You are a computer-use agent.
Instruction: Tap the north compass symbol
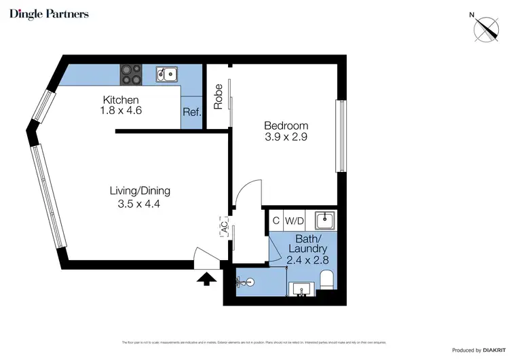pos(487,28)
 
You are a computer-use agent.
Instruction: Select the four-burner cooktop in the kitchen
pos(132,74)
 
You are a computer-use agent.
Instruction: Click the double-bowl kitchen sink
pos(166,73)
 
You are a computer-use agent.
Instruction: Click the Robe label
pos(219,96)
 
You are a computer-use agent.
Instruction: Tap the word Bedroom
pos(286,126)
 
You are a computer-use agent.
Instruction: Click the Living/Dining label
pos(140,190)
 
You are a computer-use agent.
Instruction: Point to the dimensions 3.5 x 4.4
pos(139,203)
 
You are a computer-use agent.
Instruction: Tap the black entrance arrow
pos(206,277)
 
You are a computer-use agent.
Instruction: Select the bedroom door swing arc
pos(248,194)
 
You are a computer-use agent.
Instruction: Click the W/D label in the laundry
pos(294,220)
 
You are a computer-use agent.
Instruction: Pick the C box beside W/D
pos(276,220)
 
